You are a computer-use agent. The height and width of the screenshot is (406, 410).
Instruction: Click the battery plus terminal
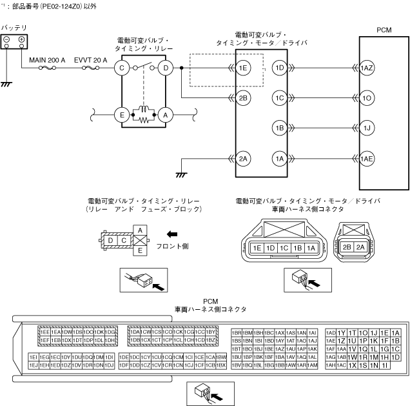21,39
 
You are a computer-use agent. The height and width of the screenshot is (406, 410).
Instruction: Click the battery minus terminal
7,39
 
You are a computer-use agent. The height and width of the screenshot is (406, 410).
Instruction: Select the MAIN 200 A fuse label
47,59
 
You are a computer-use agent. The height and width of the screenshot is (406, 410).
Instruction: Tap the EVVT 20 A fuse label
92,59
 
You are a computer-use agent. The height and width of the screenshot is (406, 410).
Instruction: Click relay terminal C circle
121,67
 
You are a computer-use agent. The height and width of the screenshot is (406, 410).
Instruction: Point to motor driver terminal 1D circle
279,67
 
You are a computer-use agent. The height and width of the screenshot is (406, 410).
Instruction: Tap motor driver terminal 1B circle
279,128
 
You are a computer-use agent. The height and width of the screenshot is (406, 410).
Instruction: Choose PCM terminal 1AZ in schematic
366,67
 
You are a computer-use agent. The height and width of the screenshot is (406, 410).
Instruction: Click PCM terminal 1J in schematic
366,128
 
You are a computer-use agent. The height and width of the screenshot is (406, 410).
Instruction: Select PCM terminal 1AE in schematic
366,158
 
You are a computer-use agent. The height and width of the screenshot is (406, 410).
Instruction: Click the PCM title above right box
385,30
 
